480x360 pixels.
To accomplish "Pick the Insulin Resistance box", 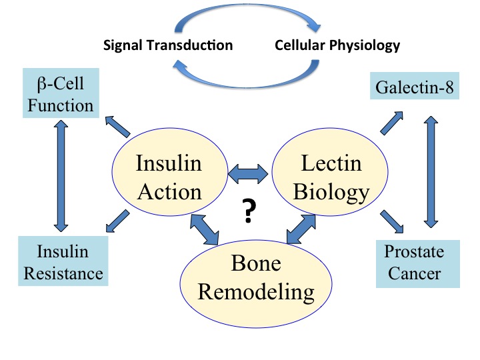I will [x=61, y=262].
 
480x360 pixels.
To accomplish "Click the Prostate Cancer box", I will [x=417, y=262].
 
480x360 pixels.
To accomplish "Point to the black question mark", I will [x=247, y=212].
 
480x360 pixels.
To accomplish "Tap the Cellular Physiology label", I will [x=337, y=46].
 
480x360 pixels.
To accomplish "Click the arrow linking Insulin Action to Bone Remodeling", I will [x=205, y=229].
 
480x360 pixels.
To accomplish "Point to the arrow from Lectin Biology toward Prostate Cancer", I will [x=391, y=221].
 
